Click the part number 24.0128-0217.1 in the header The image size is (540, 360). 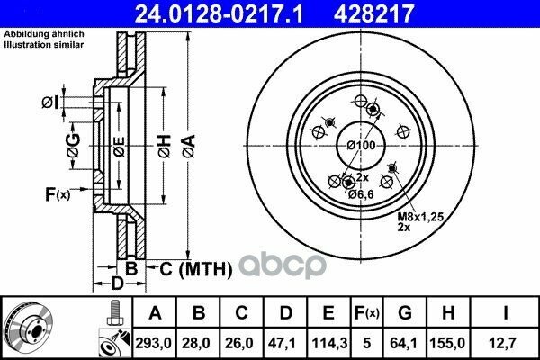[219, 13]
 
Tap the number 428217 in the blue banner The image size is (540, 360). [373, 13]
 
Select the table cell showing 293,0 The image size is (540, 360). [153, 343]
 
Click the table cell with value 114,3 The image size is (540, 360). [329, 343]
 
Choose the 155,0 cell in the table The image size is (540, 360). [447, 343]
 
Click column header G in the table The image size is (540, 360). [405, 313]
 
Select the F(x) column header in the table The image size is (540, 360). [366, 313]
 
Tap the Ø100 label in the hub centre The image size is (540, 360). [361, 146]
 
